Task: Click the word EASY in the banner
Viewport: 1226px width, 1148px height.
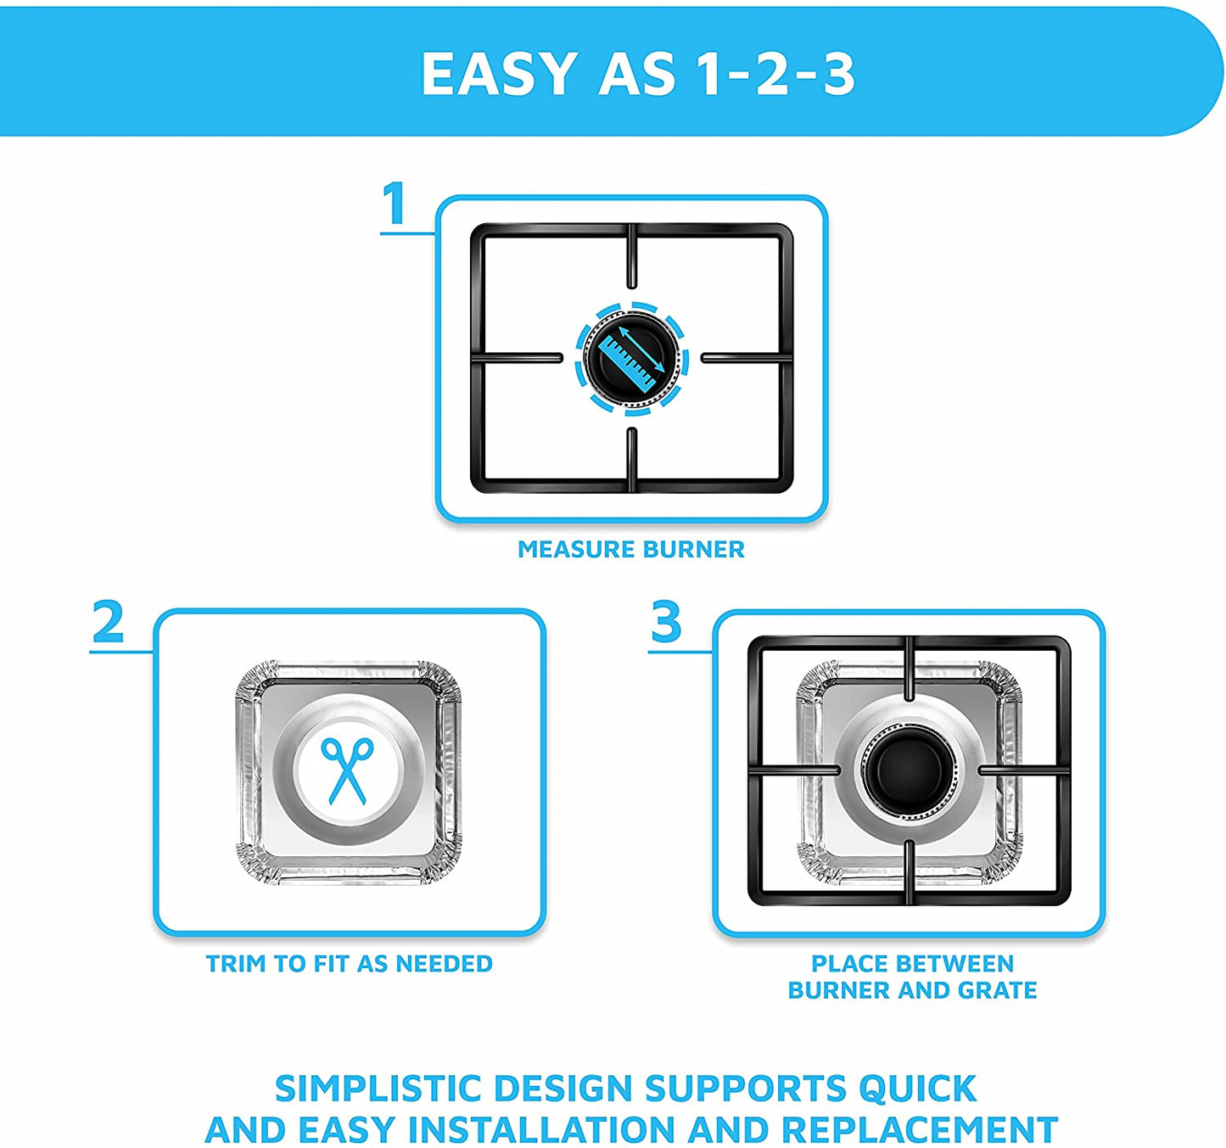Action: [500, 74]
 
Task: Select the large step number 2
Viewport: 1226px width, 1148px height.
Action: [108, 622]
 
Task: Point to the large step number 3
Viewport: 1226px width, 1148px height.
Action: [666, 622]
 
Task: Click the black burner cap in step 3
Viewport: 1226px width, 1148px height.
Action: [910, 770]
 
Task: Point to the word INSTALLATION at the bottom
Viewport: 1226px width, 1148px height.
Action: [541, 1129]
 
